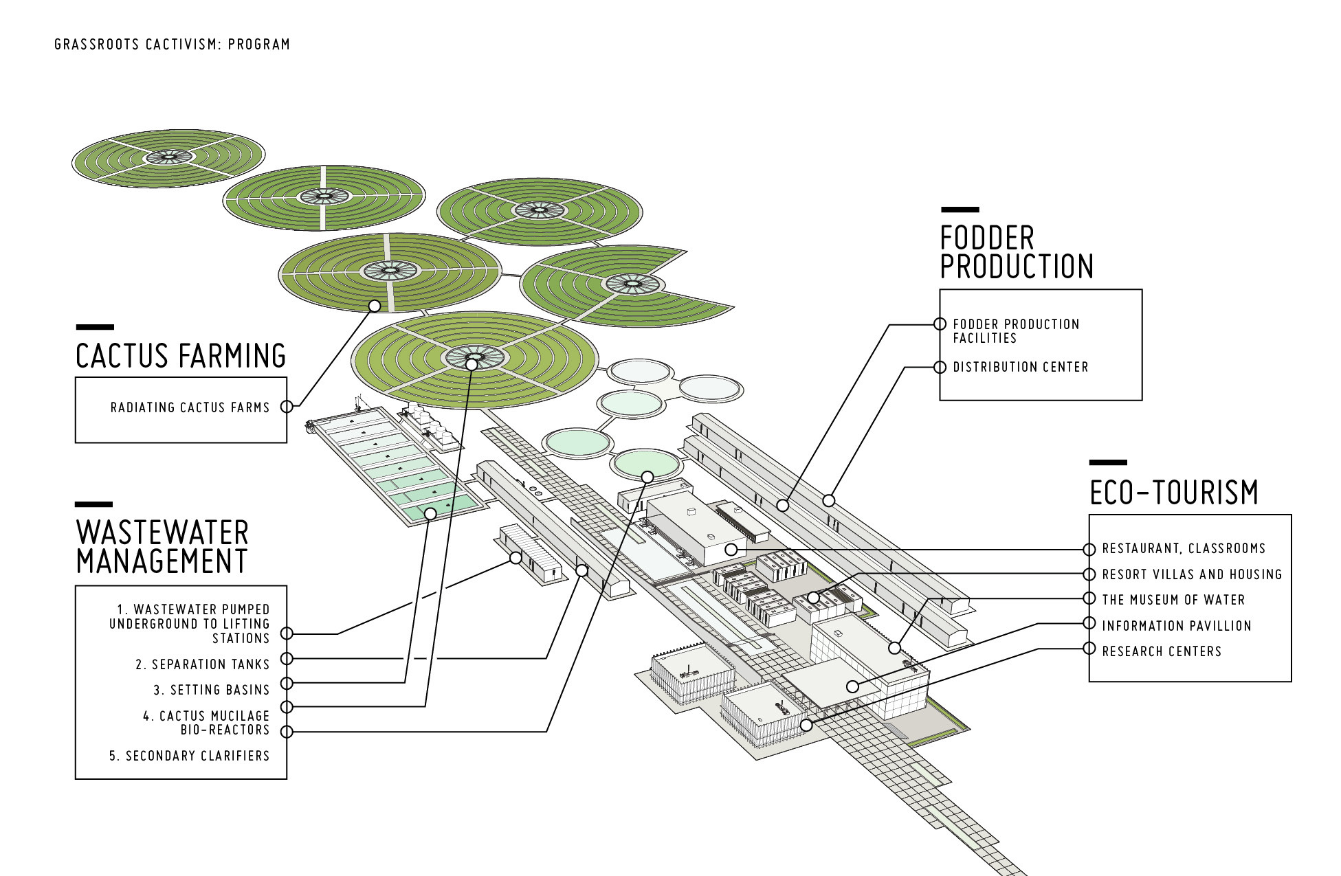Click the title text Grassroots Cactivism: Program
172,45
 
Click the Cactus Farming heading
181,356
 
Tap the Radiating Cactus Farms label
190,407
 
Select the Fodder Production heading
1017,252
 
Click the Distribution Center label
1021,367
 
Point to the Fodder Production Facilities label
1016,330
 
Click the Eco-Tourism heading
1174,492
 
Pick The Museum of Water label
1173,600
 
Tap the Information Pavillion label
1177,626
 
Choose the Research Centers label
1162,651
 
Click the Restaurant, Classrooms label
1184,548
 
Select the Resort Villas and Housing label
1192,574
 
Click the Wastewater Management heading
162,546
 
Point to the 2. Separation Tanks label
202,664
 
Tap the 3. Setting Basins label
211,690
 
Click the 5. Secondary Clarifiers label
189,756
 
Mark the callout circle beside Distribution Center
940,368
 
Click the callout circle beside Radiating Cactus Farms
287,407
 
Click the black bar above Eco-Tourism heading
1108,462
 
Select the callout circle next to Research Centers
1089,649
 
